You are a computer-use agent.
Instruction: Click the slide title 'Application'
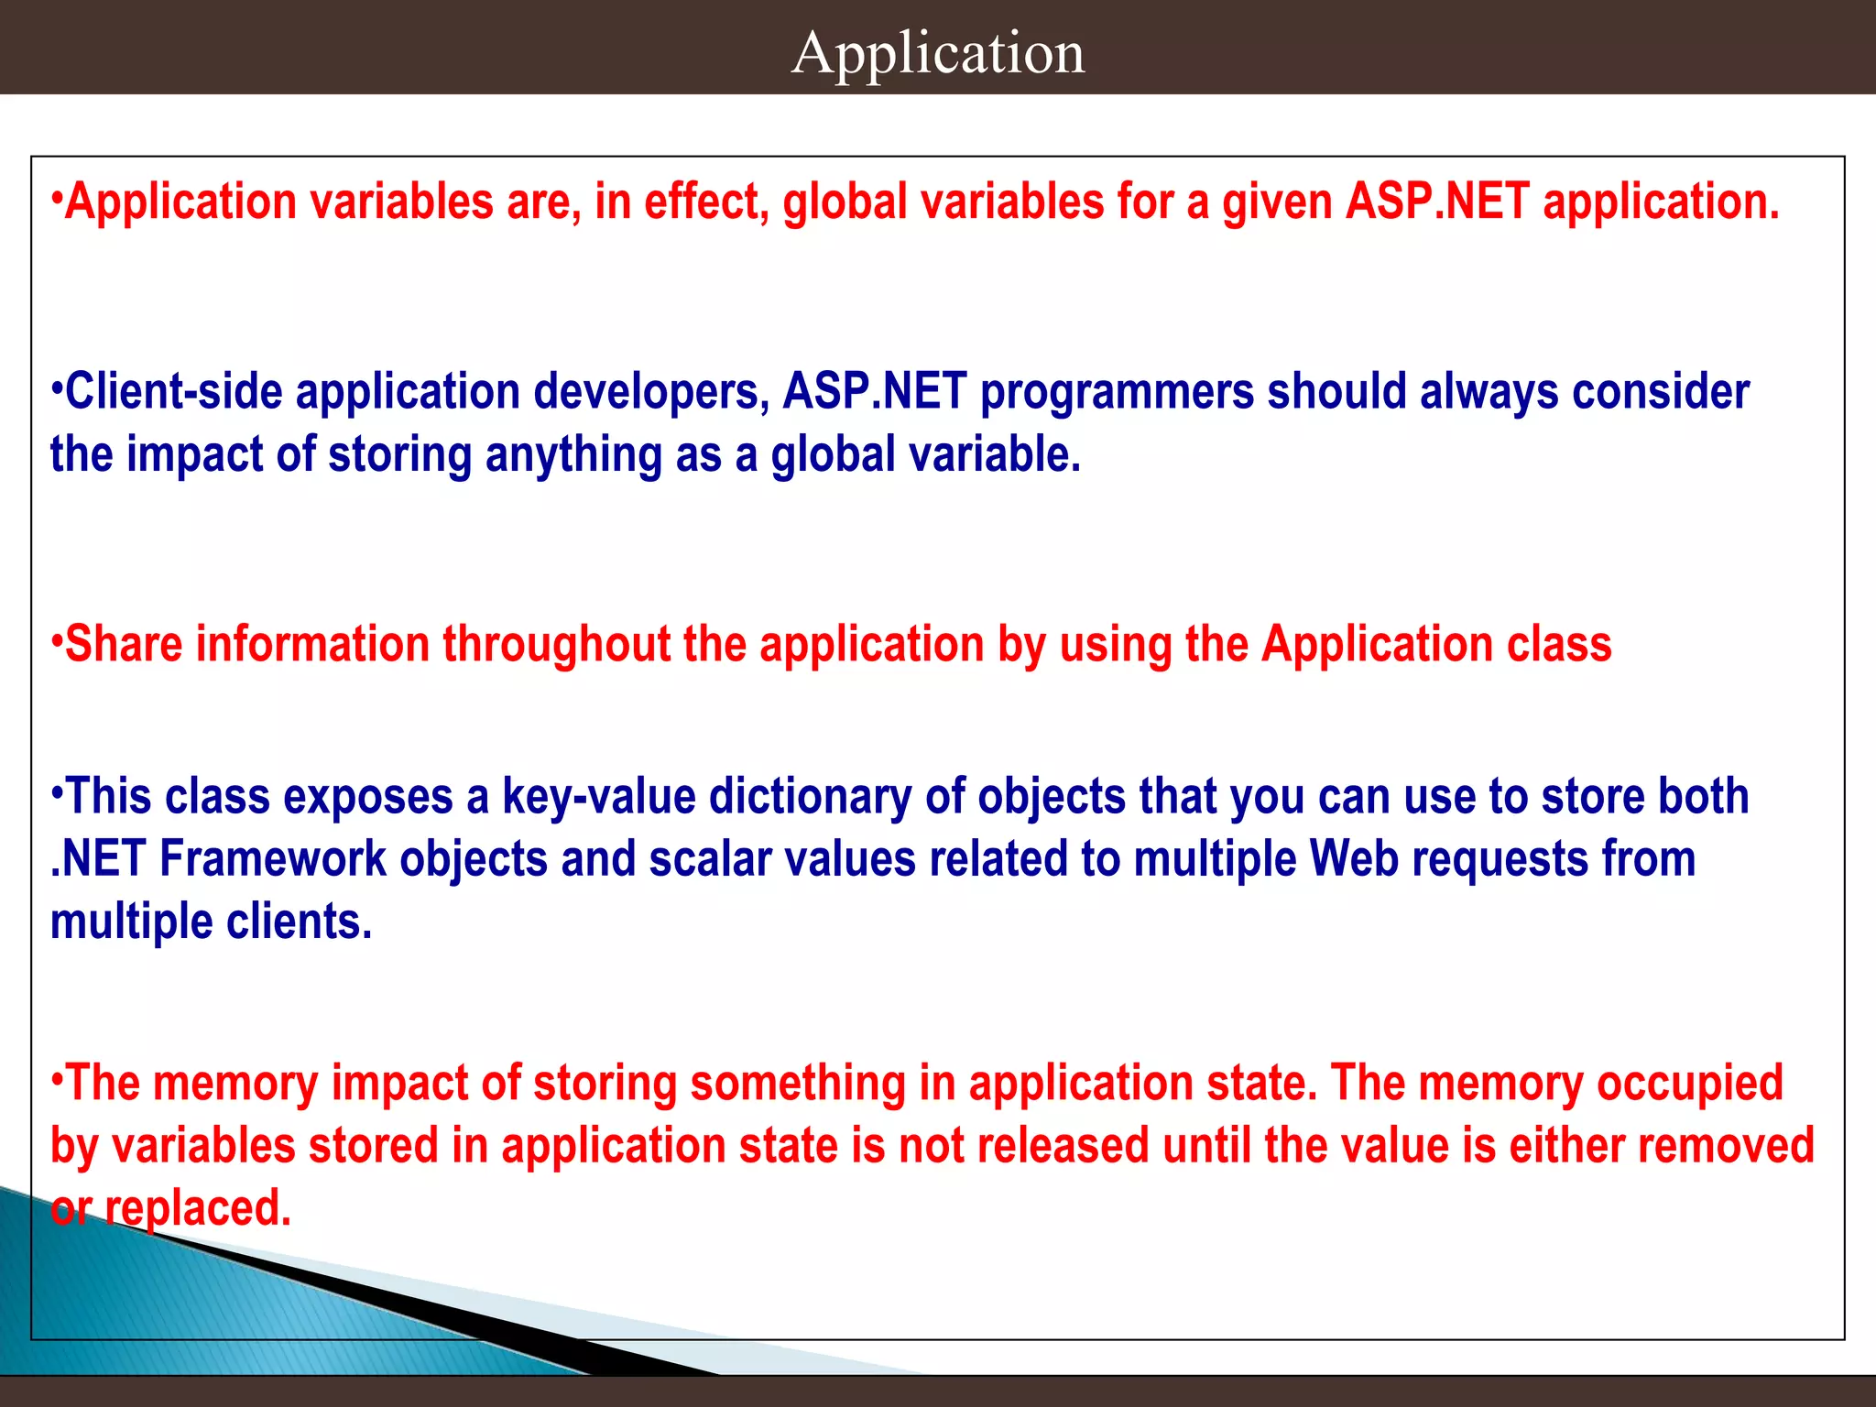938,53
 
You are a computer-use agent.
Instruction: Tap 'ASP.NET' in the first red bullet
1438,202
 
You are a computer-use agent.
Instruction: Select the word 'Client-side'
174,392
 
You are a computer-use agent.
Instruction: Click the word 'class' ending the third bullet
1559,644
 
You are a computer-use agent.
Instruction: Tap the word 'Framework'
273,859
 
